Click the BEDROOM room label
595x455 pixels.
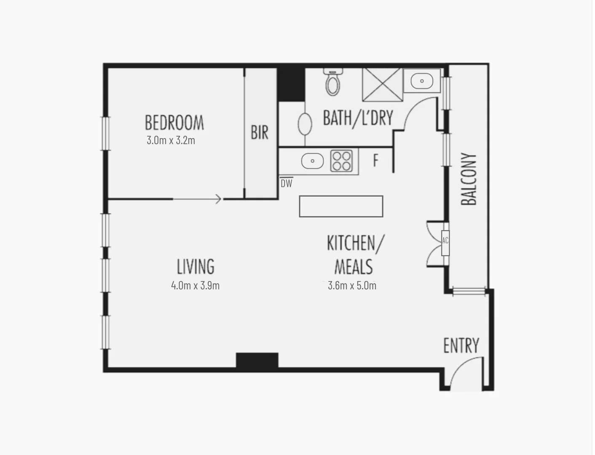pyautogui.click(x=174, y=123)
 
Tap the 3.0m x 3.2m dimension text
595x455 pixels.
pyautogui.click(x=171, y=140)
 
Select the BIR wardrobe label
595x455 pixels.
pyautogui.click(x=260, y=132)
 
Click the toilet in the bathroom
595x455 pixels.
pyautogui.click(x=333, y=83)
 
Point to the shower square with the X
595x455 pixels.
pyautogui.click(x=382, y=84)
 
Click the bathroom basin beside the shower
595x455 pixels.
pyautogui.click(x=422, y=81)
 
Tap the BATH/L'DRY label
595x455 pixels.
pyautogui.click(x=358, y=118)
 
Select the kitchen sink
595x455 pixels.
pyautogui.click(x=312, y=161)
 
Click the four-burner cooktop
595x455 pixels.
pyautogui.click(x=341, y=161)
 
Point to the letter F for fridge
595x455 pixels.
pyautogui.click(x=375, y=160)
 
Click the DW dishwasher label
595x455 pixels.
pyautogui.click(x=287, y=183)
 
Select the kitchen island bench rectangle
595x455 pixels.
pyautogui.click(x=341, y=206)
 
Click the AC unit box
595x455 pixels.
pyautogui.click(x=445, y=243)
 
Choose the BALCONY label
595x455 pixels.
pyautogui.click(x=469, y=179)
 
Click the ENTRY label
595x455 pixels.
pyautogui.click(x=461, y=346)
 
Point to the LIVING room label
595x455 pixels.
pyautogui.click(x=196, y=267)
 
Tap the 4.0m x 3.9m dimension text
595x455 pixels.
pyautogui.click(x=195, y=286)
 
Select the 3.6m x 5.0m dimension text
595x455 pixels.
pyautogui.click(x=352, y=286)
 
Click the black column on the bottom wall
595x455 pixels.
pyautogui.click(x=257, y=361)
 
